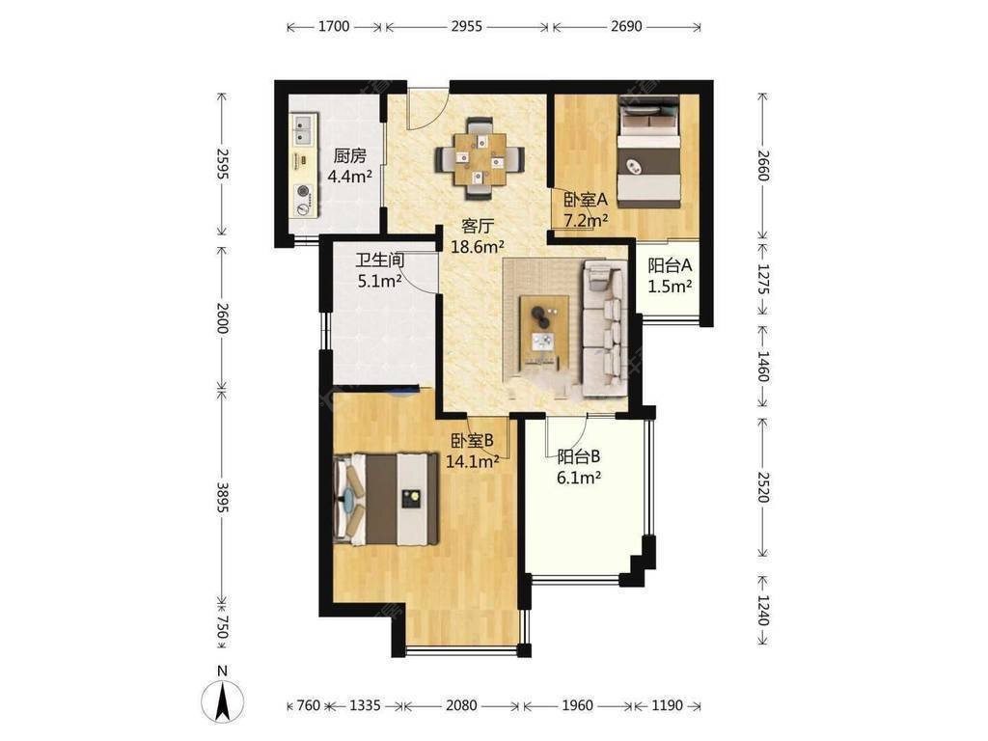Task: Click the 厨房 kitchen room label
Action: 349,165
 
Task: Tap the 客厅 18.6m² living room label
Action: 477,235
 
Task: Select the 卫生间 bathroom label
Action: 379,270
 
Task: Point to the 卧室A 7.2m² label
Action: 586,209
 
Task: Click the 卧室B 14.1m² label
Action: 473,451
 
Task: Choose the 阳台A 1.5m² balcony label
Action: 670,275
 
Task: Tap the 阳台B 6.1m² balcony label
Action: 579,466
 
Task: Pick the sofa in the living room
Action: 604,329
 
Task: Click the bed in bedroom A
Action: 649,151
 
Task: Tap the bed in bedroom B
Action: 385,499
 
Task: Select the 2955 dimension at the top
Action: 467,26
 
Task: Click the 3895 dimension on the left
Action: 222,497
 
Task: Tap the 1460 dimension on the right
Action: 763,366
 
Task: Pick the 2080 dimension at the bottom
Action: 461,705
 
